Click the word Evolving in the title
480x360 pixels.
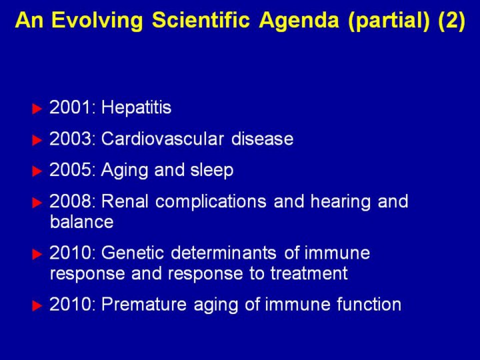(x=97, y=21)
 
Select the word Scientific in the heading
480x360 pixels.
(x=201, y=20)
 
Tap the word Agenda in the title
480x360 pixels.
(x=299, y=21)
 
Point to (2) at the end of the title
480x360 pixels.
(x=451, y=21)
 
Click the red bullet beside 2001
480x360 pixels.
(x=37, y=109)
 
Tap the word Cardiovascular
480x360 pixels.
(x=163, y=139)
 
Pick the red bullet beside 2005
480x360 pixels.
(x=37, y=171)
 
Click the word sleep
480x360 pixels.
(x=212, y=171)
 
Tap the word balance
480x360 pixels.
(x=82, y=222)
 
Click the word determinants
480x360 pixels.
(x=223, y=253)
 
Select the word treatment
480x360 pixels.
(x=309, y=273)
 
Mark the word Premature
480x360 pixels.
(x=144, y=305)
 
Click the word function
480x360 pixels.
(x=369, y=305)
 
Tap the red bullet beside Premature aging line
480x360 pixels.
(x=37, y=305)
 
